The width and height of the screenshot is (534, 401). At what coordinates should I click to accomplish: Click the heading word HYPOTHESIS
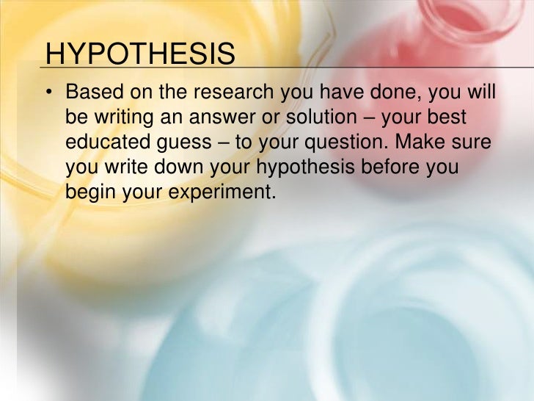pos(140,56)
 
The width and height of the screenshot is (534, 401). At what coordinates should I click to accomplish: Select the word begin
pos(89,193)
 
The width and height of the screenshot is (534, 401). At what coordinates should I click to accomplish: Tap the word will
pos(480,94)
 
